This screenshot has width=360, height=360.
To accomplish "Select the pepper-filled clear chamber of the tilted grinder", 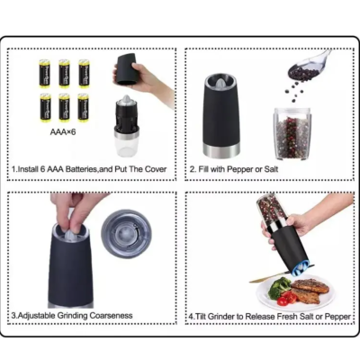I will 279,212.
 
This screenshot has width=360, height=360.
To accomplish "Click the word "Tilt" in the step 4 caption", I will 202,316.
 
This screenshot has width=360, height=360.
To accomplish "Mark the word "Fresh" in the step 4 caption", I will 294,316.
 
